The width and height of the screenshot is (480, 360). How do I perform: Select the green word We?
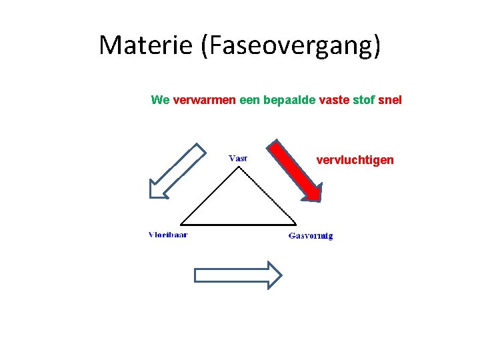(160, 100)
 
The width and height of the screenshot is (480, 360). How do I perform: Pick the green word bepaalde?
(290, 100)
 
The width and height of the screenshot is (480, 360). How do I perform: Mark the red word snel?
(390, 100)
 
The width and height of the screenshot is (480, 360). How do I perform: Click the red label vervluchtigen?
(355, 160)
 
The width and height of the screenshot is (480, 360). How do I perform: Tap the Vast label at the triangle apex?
(238, 158)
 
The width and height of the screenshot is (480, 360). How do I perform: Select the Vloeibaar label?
(167, 235)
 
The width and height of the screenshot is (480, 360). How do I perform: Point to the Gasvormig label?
(311, 235)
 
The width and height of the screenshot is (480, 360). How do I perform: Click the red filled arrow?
(295, 169)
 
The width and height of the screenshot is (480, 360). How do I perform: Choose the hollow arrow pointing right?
(237, 275)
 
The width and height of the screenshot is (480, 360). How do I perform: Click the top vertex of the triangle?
(239, 167)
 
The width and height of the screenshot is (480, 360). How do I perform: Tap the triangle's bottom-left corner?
(181, 224)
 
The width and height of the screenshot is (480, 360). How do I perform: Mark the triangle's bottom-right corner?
(296, 224)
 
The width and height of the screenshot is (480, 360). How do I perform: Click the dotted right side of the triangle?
(267, 195)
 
